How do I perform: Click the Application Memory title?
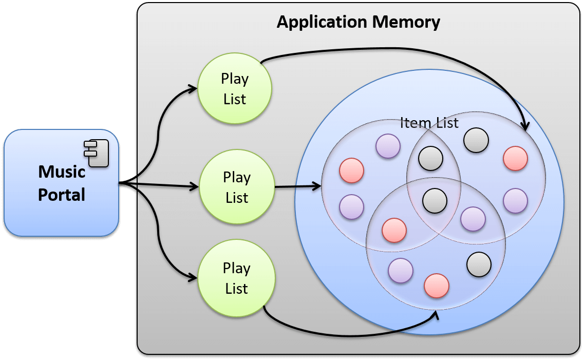pyautogui.click(x=358, y=22)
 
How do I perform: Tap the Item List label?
pyautogui.click(x=429, y=123)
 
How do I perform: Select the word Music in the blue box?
pyautogui.click(x=62, y=172)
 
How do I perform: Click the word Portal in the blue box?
pyautogui.click(x=62, y=195)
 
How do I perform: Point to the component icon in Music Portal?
pyautogui.click(x=97, y=153)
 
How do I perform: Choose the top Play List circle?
pyautogui.click(x=235, y=88)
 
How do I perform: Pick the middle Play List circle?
pyautogui.click(x=237, y=187)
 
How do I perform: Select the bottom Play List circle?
pyautogui.click(x=236, y=278)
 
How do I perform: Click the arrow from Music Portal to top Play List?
pyautogui.click(x=159, y=123)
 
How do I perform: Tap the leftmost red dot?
pyautogui.click(x=352, y=170)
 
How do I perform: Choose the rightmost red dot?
pyautogui.click(x=515, y=158)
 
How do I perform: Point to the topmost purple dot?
pyautogui.click(x=388, y=146)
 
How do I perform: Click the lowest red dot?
pyautogui.click(x=437, y=286)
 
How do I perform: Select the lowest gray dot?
pyautogui.click(x=479, y=264)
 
